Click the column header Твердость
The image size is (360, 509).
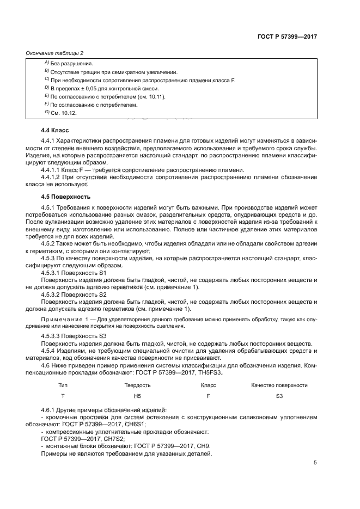click(137, 385)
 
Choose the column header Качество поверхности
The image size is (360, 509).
click(279, 385)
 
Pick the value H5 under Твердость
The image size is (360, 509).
click(137, 396)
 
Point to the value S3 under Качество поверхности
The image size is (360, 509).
click(279, 396)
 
